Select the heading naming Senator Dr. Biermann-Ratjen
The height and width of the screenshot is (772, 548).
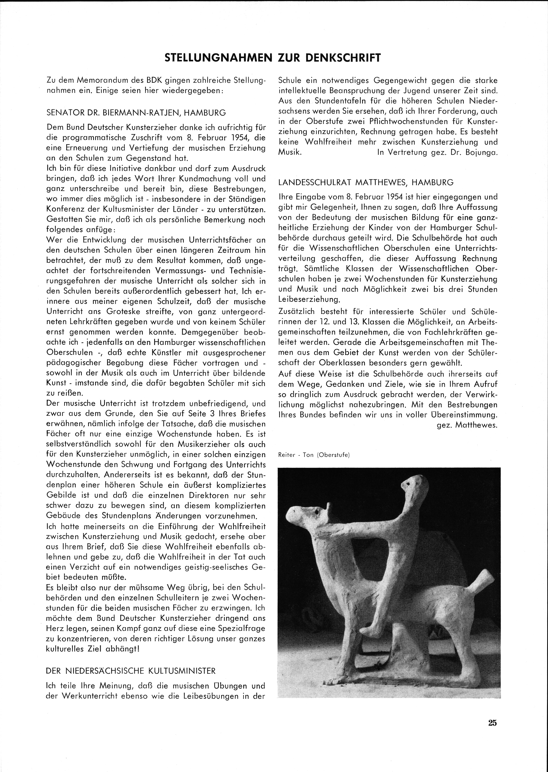point(136,113)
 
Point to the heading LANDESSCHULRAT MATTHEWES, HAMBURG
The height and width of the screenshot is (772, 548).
point(366,183)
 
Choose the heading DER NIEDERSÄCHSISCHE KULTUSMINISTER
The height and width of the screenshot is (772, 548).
point(131,671)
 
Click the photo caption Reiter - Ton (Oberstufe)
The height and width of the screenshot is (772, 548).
point(314,455)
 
